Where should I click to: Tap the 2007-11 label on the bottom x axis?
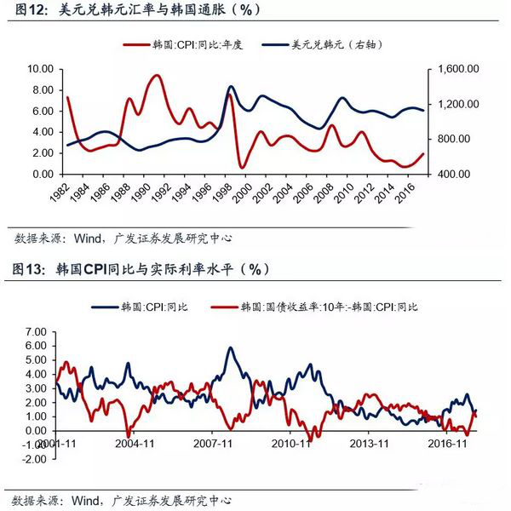(215, 444)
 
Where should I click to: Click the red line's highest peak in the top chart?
(156, 76)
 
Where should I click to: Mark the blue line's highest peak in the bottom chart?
(231, 347)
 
